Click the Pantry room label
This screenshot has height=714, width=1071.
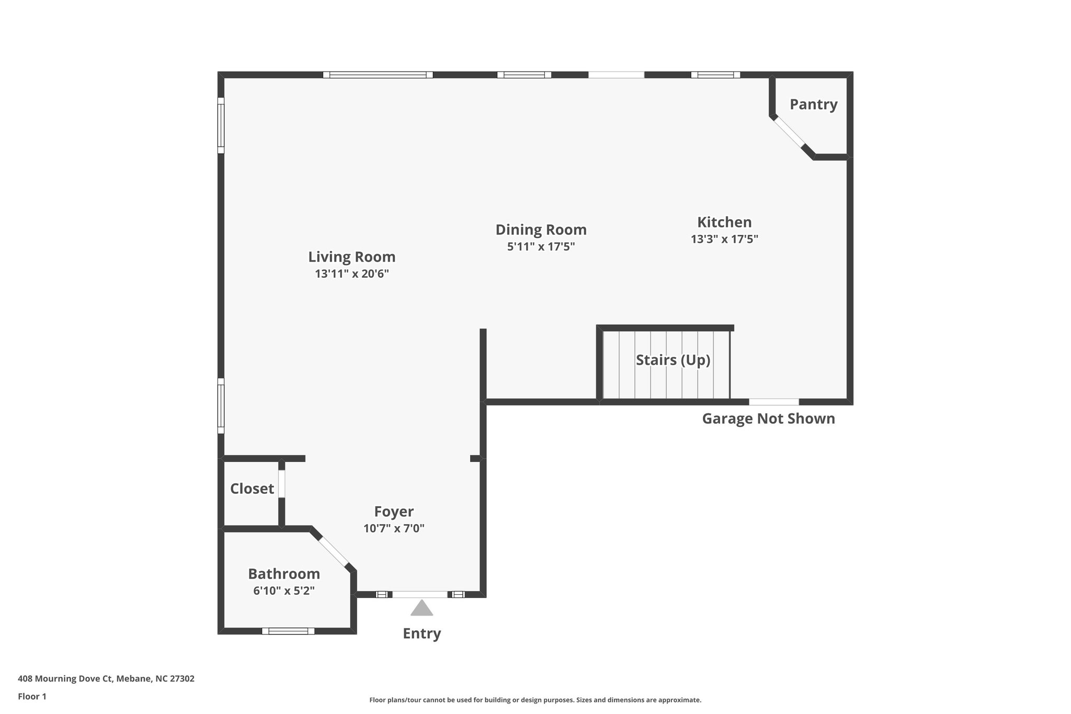pyautogui.click(x=813, y=105)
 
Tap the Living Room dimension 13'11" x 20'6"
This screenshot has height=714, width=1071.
pyautogui.click(x=351, y=274)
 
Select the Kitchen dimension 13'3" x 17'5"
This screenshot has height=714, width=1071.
pyautogui.click(x=724, y=239)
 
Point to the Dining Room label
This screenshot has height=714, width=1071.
pyautogui.click(x=541, y=230)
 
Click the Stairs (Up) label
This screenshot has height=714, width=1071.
pyautogui.click(x=673, y=360)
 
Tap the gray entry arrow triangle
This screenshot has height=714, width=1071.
pyautogui.click(x=421, y=609)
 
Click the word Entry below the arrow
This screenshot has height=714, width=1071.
pyautogui.click(x=421, y=633)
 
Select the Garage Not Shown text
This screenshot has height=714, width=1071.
pyautogui.click(x=768, y=418)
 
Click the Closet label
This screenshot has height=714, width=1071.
pyautogui.click(x=252, y=489)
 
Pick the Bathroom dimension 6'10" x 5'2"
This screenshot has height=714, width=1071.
pyautogui.click(x=283, y=591)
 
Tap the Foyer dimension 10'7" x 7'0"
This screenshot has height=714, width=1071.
pyautogui.click(x=394, y=528)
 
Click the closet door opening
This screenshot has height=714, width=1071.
pyautogui.click(x=281, y=484)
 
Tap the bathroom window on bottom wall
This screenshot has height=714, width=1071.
pyautogui.click(x=288, y=631)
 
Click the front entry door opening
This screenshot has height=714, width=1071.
pyautogui.click(x=420, y=594)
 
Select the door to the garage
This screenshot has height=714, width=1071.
pyautogui.click(x=774, y=402)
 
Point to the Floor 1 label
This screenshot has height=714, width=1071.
pyautogui.click(x=32, y=696)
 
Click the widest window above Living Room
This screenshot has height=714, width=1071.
pyautogui.click(x=378, y=75)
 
